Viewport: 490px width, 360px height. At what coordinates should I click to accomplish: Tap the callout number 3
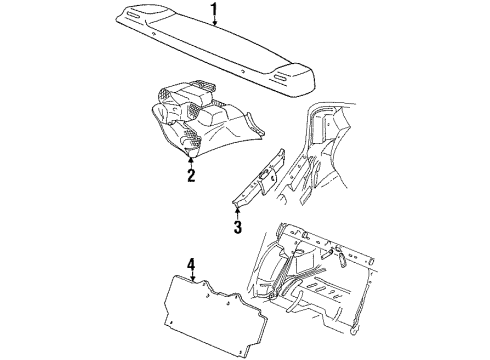point(237,226)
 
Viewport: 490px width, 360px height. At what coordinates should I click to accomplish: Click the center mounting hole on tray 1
point(242,71)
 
